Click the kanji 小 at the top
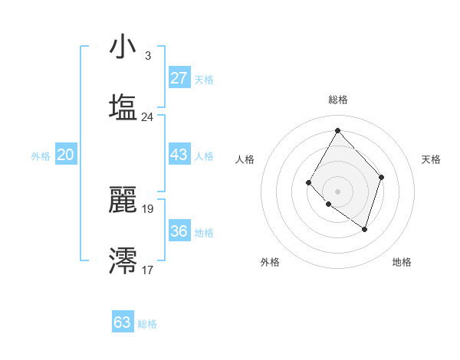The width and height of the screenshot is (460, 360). click(123, 47)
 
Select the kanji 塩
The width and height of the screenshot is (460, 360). click(123, 106)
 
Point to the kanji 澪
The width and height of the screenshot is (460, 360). click(123, 260)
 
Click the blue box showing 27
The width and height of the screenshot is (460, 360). click(179, 77)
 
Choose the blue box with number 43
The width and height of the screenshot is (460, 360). click(179, 155)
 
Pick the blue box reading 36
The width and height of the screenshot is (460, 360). click(179, 231)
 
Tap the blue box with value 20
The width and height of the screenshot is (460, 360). click(65, 155)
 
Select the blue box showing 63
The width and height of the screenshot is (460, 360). click(123, 322)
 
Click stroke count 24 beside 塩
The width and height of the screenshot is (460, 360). click(147, 117)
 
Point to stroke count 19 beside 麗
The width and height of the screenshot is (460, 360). click(147, 208)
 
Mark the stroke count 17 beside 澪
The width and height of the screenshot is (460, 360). click(147, 270)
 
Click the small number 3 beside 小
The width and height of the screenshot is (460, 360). click(147, 56)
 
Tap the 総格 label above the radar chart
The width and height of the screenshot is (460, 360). click(338, 100)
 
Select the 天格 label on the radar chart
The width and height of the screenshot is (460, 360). click(432, 159)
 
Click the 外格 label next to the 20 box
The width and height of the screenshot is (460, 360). click(41, 156)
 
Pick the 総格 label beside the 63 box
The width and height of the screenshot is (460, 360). click(147, 324)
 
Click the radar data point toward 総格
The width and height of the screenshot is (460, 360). click(337, 130)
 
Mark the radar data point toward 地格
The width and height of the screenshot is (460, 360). click(365, 229)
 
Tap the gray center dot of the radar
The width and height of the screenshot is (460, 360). click(337, 191)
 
